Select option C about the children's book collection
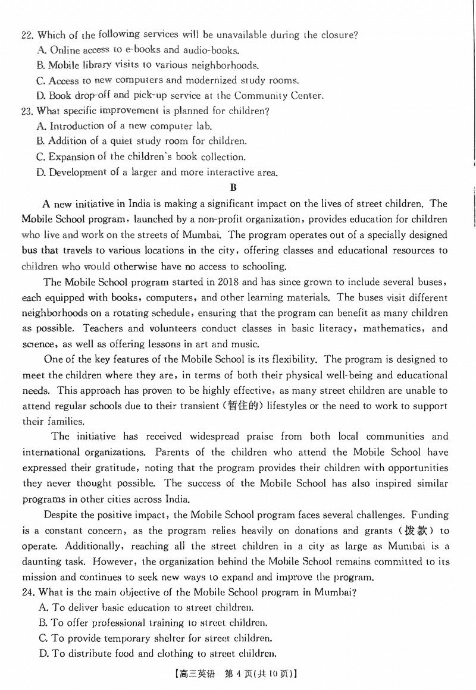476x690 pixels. click(147, 157)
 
